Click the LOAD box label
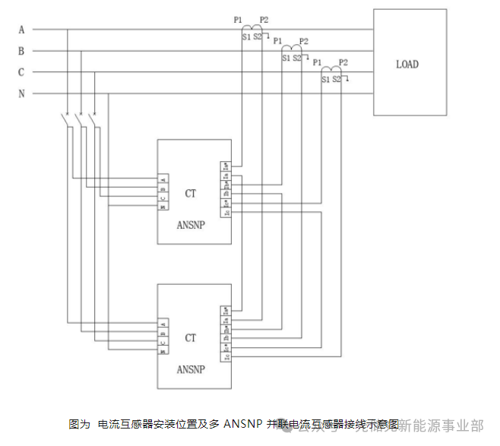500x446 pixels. [x=407, y=65]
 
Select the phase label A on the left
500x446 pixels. [x=21, y=30]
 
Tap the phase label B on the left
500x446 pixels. [x=21, y=51]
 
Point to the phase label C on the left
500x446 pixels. [x=21, y=72]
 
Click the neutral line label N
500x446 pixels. [x=21, y=94]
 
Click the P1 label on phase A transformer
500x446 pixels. [x=238, y=19]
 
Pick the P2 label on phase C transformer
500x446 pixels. [x=343, y=62]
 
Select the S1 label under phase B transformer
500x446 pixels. [x=286, y=58]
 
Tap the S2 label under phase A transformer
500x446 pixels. [x=258, y=36]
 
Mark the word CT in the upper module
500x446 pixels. [x=190, y=194]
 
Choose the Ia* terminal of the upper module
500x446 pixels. [x=226, y=166]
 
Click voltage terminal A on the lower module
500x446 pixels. [x=163, y=323]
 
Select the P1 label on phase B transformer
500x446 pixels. [x=277, y=40]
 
